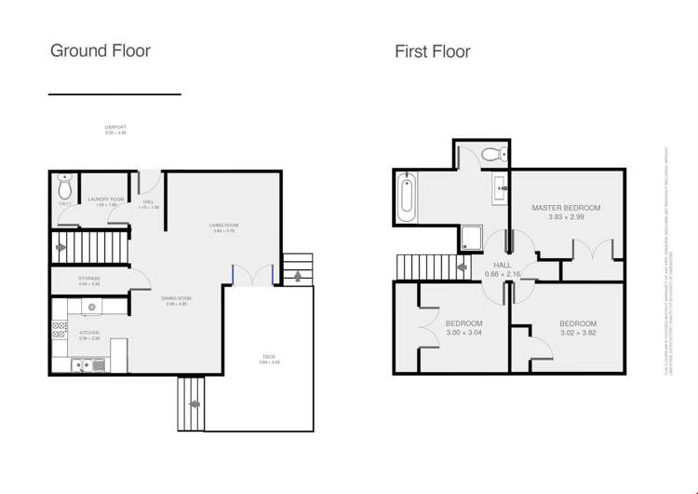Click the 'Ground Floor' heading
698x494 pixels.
pos(100,51)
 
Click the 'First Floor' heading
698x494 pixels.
pos(432,52)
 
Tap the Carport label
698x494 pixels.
pos(115,129)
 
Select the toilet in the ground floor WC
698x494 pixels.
pos(64,181)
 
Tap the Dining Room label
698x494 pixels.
pos(177,300)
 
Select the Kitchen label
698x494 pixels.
pos(89,333)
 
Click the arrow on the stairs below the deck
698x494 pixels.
pos(195,404)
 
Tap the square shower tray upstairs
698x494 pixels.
pos(470,239)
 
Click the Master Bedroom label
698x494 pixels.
pos(565,207)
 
